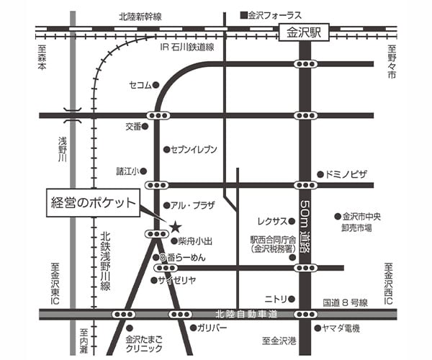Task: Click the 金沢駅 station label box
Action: [x=304, y=32]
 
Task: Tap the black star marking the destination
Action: [x=174, y=226]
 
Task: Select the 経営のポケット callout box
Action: [x=91, y=203]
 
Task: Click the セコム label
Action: [x=140, y=85]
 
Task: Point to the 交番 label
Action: [x=133, y=126]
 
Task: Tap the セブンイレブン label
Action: [x=194, y=150]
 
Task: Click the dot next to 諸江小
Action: [x=143, y=171]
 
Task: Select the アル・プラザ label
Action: [x=194, y=205]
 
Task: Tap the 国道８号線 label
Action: [x=345, y=302]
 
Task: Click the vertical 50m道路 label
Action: [x=305, y=223]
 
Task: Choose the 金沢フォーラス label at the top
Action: [x=274, y=14]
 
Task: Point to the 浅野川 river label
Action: [x=63, y=148]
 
